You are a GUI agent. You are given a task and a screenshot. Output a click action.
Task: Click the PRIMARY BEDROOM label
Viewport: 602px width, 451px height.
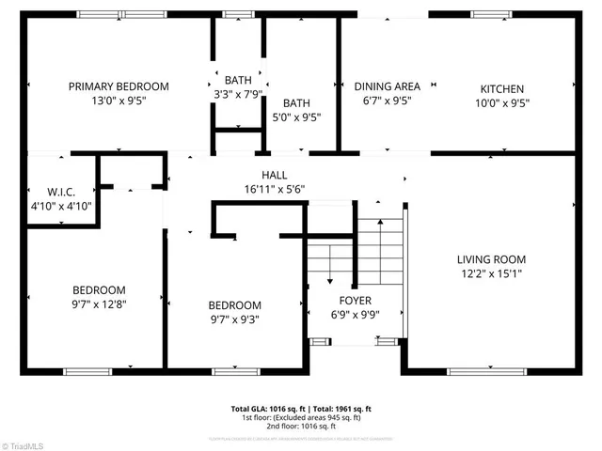(119, 86)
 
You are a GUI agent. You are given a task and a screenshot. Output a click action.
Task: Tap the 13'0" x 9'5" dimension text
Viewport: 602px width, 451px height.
(119, 101)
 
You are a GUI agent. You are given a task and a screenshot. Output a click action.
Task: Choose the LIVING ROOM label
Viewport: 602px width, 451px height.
(491, 259)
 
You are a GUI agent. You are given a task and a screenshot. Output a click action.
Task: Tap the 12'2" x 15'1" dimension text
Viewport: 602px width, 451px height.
(491, 274)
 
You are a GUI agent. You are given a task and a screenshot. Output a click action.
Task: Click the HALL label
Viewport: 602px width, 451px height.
(274, 175)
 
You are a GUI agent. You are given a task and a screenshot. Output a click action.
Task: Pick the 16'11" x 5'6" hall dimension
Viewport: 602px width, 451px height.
(274, 189)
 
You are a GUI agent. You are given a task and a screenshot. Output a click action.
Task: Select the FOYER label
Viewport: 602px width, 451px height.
(355, 302)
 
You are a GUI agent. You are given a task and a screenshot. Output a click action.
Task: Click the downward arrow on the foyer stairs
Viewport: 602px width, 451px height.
(330, 278)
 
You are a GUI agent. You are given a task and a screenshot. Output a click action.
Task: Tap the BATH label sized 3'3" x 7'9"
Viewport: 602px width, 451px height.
(237, 79)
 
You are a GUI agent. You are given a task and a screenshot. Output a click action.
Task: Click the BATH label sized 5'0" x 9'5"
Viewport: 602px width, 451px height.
(297, 103)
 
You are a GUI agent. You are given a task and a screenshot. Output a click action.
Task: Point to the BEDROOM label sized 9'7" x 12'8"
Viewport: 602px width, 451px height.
(99, 290)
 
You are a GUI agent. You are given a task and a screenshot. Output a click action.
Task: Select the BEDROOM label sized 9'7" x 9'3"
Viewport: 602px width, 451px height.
(234, 305)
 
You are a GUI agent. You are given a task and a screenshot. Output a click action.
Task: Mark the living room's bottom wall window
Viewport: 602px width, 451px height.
(487, 372)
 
